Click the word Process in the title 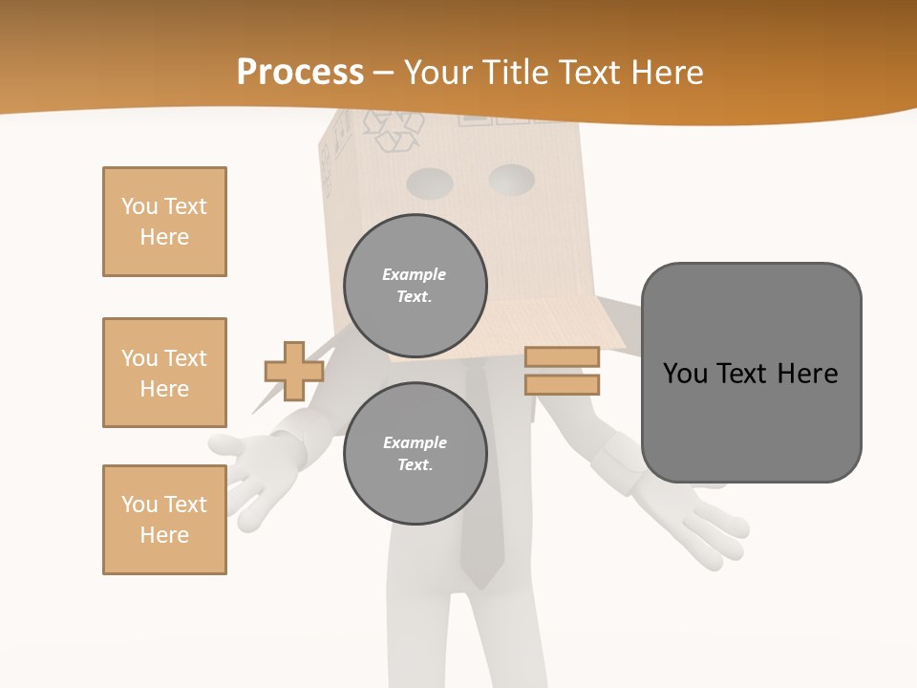point(300,72)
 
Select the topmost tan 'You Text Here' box point(164,222)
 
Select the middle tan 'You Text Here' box point(164,373)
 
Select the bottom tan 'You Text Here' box point(164,520)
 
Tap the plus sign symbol point(294,371)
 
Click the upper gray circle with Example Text point(415,286)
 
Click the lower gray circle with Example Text point(415,454)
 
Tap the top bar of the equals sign point(562,356)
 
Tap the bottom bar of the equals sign point(562,384)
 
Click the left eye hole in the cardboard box point(429,182)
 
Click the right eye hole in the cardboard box point(512,178)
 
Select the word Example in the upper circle point(414,274)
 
